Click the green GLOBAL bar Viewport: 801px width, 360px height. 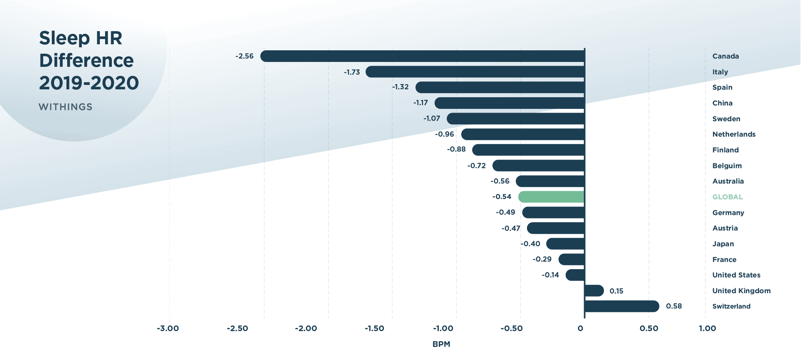click(551, 197)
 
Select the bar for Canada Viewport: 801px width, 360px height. click(422, 56)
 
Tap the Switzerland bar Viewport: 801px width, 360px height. click(622, 306)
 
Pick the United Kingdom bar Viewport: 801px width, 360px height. click(594, 291)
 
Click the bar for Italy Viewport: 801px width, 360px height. click(475, 72)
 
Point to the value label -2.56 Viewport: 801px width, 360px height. click(244, 56)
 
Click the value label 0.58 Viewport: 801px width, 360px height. click(674, 306)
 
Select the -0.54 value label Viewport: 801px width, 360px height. click(502, 197)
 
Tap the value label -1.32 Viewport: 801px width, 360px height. click(400, 87)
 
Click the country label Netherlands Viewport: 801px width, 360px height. click(734, 134)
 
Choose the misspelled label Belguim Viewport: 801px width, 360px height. click(727, 166)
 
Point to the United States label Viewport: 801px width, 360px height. click(736, 275)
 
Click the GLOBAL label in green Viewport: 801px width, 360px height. click(727, 197)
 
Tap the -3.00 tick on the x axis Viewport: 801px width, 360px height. click(168, 328)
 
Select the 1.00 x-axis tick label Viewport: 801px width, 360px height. click(707, 328)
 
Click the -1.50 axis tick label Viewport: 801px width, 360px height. click(374, 328)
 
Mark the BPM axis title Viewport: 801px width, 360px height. click(441, 344)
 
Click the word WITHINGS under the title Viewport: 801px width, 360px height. click(65, 107)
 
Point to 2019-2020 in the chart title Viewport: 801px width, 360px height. click(89, 83)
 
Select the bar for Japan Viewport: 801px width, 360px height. click(565, 244)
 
